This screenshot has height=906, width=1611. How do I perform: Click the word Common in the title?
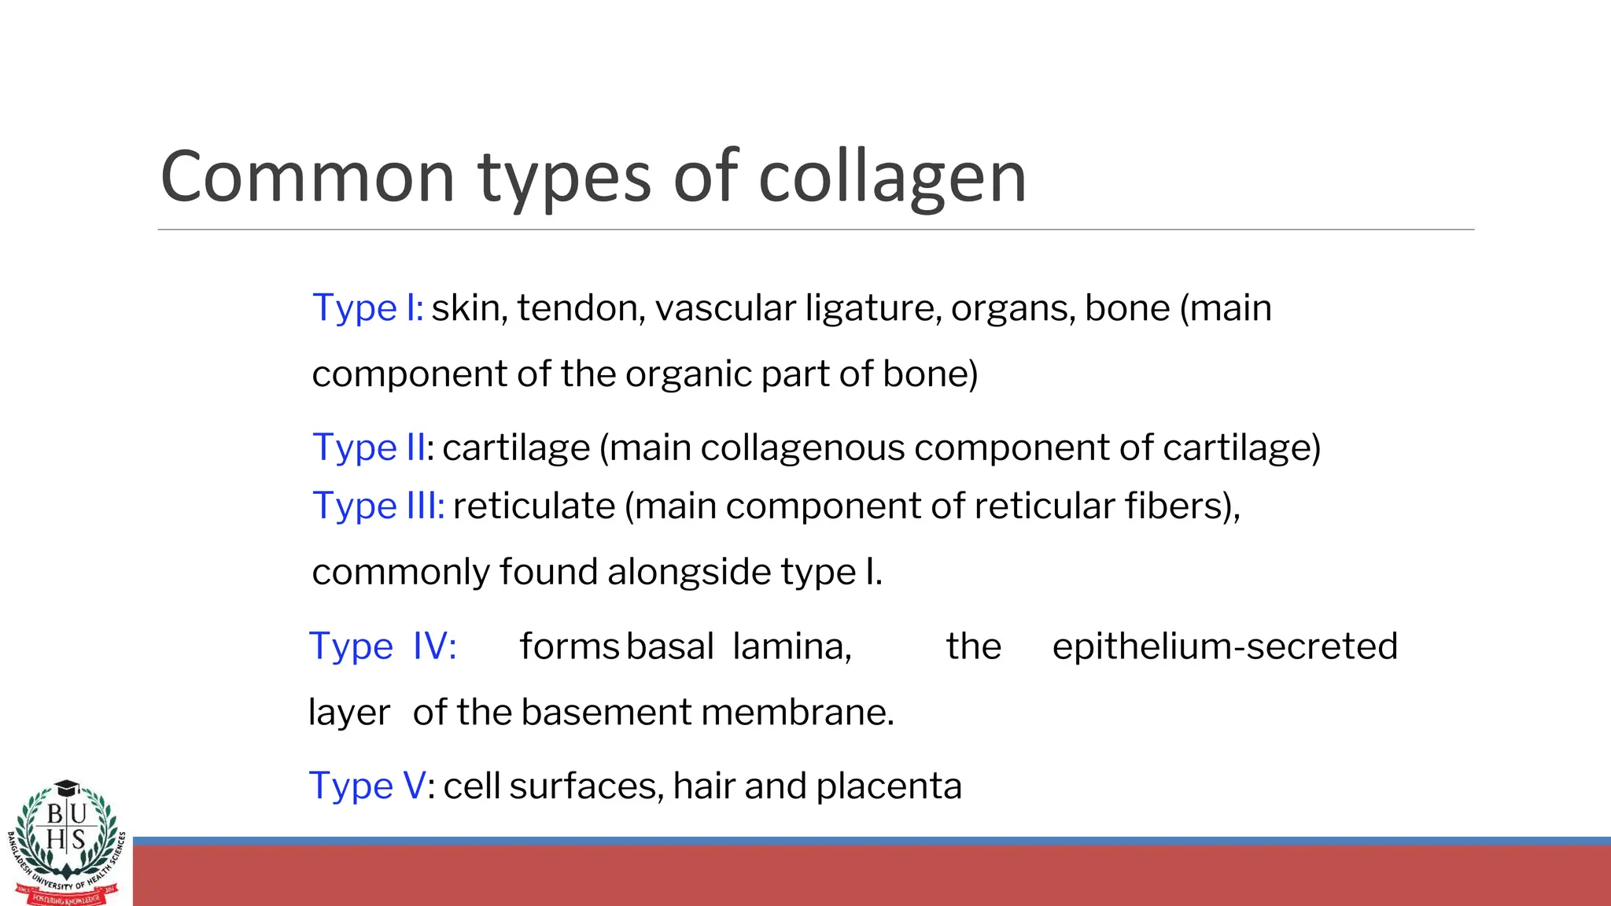(x=308, y=177)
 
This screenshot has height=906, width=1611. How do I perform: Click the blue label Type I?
(x=367, y=308)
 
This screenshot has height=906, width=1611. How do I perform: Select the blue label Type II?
(x=369, y=447)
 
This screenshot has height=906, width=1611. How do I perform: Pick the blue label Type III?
(x=378, y=506)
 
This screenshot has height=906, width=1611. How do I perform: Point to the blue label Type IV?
(x=382, y=646)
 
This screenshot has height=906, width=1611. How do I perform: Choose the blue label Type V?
(x=367, y=786)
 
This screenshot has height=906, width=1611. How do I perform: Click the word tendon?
(x=581, y=308)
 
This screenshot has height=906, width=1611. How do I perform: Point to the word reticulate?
(x=533, y=506)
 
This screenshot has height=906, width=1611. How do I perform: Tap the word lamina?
(x=791, y=646)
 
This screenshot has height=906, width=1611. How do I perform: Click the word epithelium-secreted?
(x=1225, y=646)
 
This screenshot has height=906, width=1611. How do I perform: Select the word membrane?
(x=797, y=713)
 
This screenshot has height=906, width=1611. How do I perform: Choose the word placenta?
(x=888, y=786)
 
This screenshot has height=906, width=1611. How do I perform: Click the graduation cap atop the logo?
(x=68, y=788)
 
